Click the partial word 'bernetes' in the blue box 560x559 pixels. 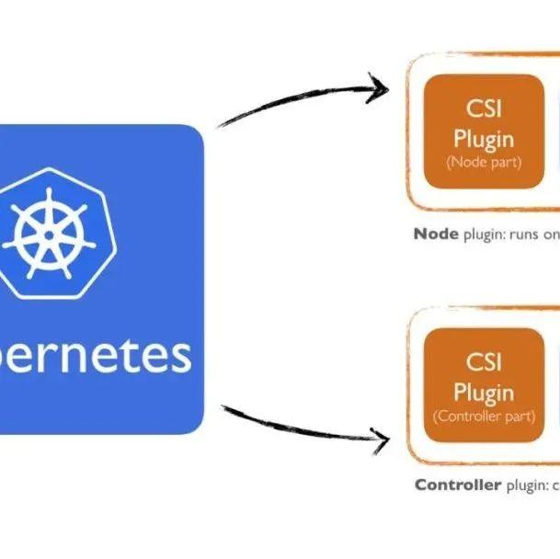pyautogui.click(x=96, y=355)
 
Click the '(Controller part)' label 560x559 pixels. pyautogui.click(x=483, y=416)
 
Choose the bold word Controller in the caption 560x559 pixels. pyautogui.click(x=458, y=485)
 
